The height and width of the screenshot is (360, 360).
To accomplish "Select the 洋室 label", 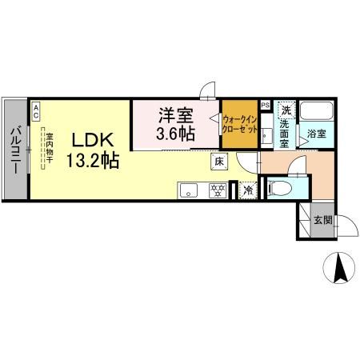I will click(x=176, y=114).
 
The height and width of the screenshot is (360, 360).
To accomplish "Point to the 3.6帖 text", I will click(x=176, y=133).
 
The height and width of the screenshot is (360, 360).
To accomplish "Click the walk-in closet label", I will click(x=239, y=124).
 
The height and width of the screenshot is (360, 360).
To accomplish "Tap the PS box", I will click(x=265, y=105).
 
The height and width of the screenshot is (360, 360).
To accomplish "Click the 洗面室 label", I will click(x=286, y=131).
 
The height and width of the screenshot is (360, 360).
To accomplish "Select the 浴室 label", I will click(x=317, y=135).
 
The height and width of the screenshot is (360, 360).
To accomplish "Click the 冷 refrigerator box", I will click(x=248, y=190).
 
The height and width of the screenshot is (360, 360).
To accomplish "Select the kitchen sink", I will click(x=189, y=190).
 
